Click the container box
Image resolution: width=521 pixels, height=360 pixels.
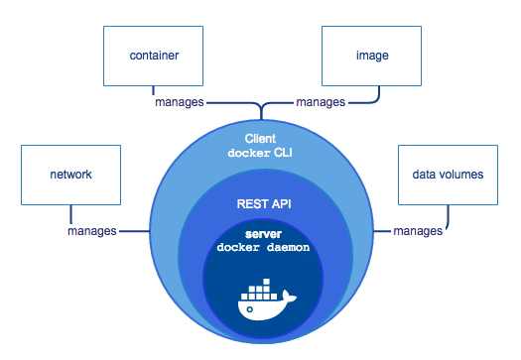153,57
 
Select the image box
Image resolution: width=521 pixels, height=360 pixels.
371,57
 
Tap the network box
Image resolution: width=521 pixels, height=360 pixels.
69,175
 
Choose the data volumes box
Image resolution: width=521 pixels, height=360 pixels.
447,175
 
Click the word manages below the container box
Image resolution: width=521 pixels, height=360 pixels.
180,102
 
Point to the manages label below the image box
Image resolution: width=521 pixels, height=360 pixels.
321,102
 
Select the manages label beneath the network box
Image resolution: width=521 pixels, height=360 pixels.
92,231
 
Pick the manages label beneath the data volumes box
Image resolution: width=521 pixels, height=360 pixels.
418,231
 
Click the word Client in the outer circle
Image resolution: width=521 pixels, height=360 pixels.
261,138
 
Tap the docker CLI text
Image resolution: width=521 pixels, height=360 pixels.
261,153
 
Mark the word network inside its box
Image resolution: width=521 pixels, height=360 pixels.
69,175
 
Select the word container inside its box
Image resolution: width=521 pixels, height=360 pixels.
153,57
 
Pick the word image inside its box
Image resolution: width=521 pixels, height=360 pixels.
371,57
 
